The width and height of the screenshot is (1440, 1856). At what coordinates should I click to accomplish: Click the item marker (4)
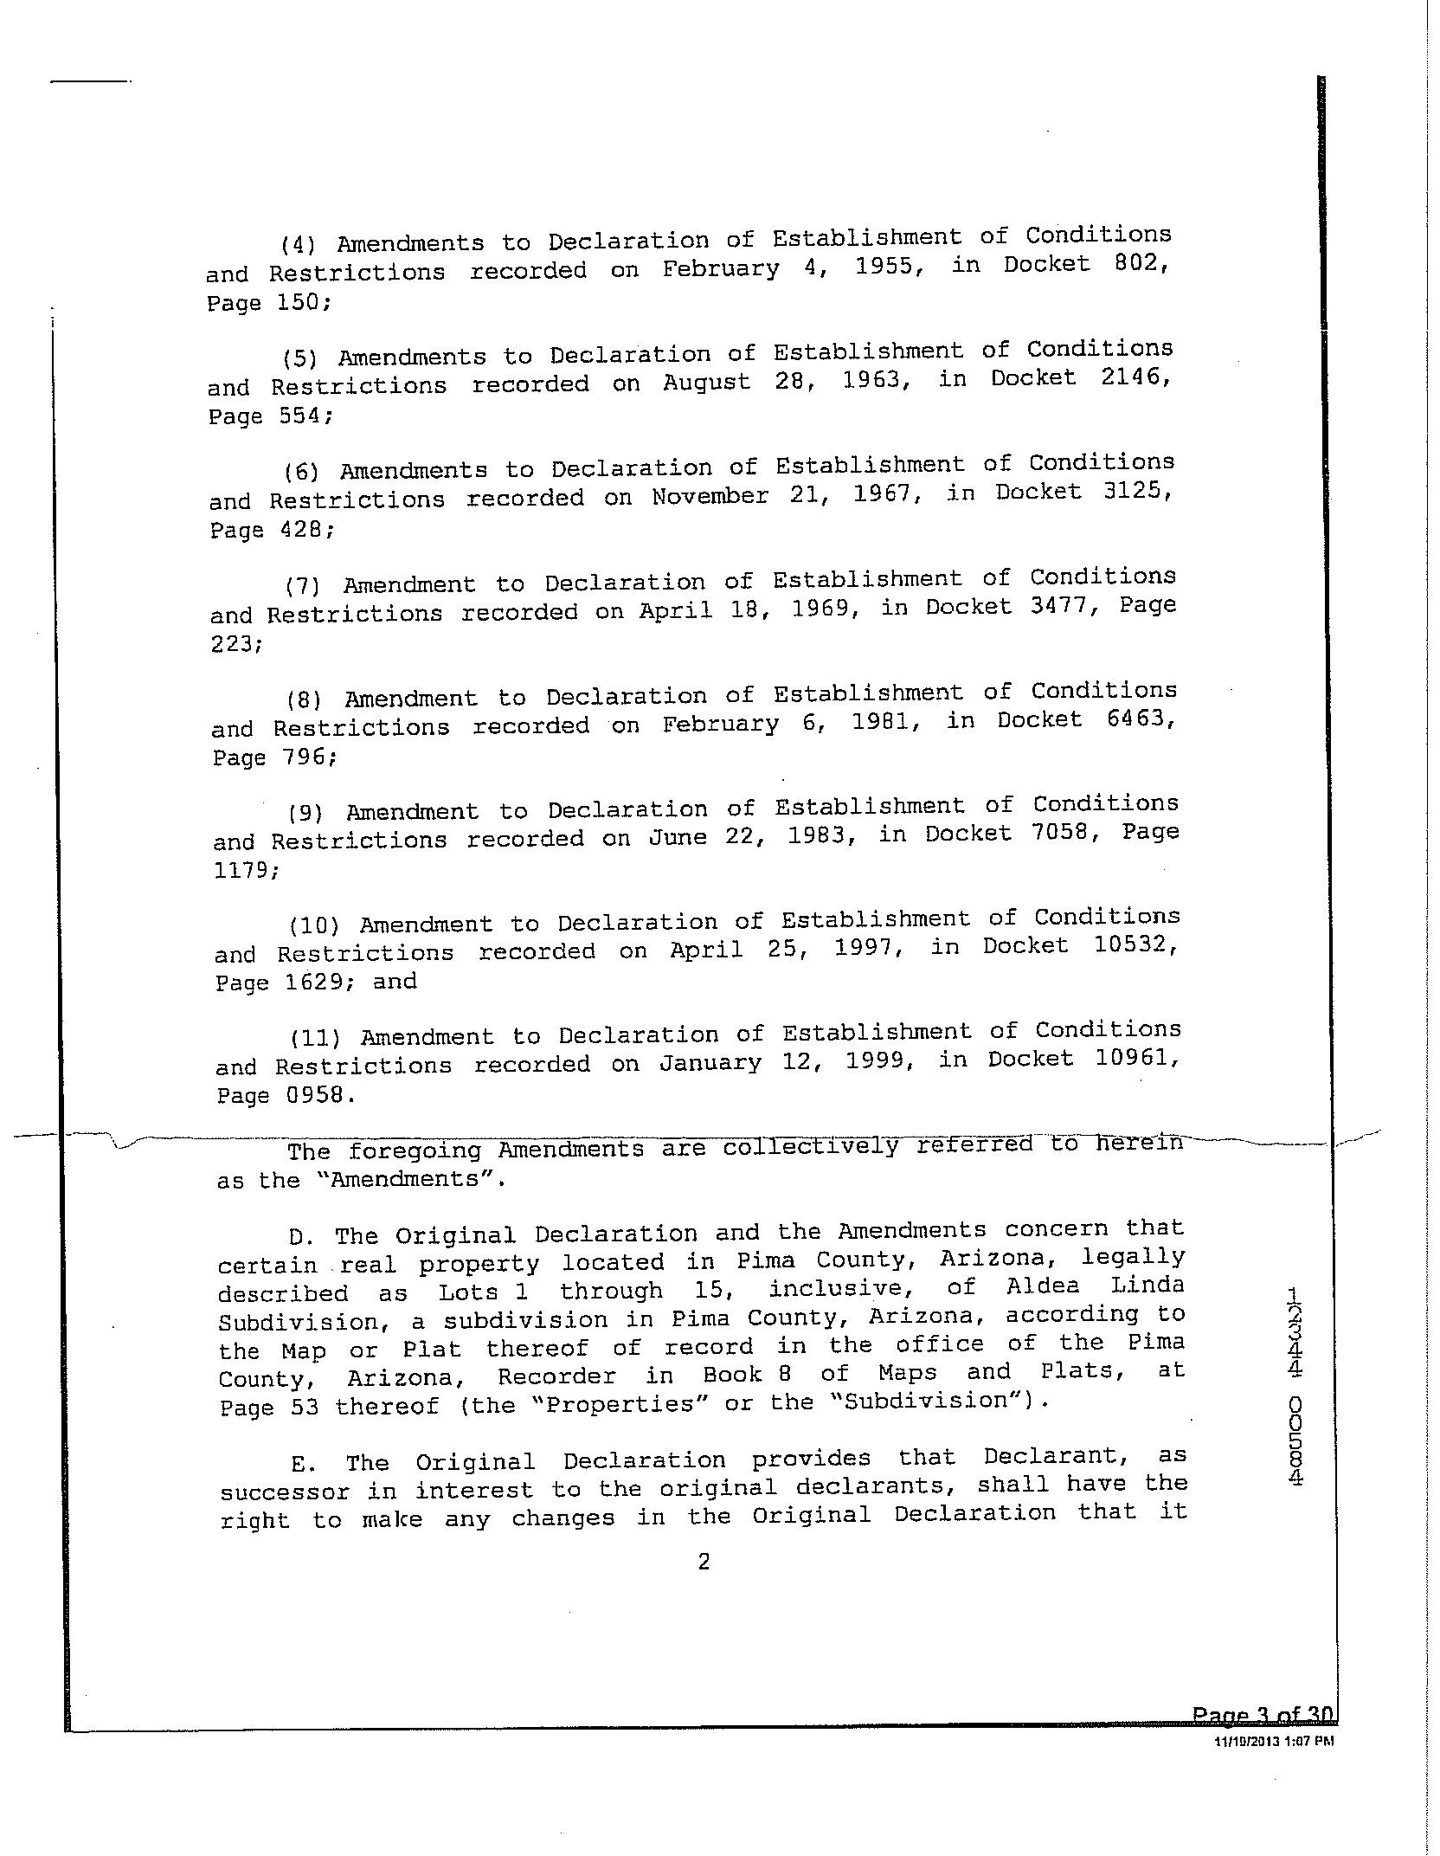pyautogui.click(x=299, y=245)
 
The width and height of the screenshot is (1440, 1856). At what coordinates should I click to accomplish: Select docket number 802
pyautogui.click(x=1140, y=261)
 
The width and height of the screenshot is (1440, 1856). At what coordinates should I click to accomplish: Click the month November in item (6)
pyautogui.click(x=710, y=496)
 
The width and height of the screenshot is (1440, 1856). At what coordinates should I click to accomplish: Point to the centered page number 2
pyautogui.click(x=704, y=1561)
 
